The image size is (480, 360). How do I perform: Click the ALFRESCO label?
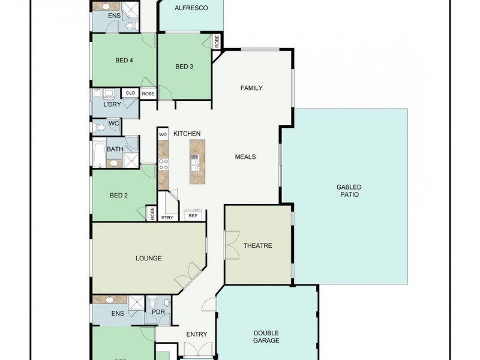click(x=191, y=8)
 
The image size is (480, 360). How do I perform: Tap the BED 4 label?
click(x=124, y=60)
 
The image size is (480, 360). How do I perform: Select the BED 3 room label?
click(x=184, y=67)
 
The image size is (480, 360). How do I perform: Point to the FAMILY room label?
click(x=251, y=88)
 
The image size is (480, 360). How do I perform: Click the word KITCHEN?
click(x=187, y=133)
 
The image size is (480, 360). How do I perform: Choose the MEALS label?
click(x=245, y=157)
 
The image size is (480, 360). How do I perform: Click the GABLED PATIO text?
click(x=349, y=191)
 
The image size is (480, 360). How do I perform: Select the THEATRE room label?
click(x=258, y=246)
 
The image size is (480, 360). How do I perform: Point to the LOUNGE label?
click(x=149, y=259)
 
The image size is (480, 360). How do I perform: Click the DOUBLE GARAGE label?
click(x=266, y=337)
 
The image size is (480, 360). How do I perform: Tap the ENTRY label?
click(x=196, y=335)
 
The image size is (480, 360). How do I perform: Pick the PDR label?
click(x=158, y=313)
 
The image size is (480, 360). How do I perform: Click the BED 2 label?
click(x=119, y=195)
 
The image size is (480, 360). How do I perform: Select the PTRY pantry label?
click(x=167, y=217)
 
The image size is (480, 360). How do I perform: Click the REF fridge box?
click(x=193, y=215)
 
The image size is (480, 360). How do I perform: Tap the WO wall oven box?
click(x=163, y=134)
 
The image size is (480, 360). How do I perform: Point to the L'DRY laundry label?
click(x=112, y=105)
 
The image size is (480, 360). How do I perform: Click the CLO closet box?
click(x=130, y=93)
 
